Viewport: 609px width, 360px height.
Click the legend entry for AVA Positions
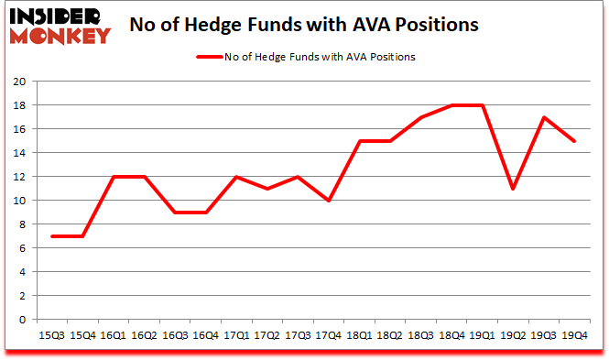pyautogui.click(x=306, y=57)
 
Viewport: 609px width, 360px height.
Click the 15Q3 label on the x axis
pyautogui.click(x=50, y=335)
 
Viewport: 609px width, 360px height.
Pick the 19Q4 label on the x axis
pyautogui.click(x=575, y=335)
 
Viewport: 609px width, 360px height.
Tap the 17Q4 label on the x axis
pyautogui.click(x=328, y=335)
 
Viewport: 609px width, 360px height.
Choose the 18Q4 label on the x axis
pyautogui.click(x=451, y=335)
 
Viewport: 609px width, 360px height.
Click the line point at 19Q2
pyautogui.click(x=514, y=189)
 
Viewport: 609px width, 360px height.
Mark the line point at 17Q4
pyautogui.click(x=328, y=201)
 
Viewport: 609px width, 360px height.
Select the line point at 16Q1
pyautogui.click(x=112, y=177)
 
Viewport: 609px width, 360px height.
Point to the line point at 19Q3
pyautogui.click(x=544, y=117)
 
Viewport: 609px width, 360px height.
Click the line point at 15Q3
pyautogui.click(x=50, y=236)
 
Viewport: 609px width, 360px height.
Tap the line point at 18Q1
pyautogui.click(x=359, y=141)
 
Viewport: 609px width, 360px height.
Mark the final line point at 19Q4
pyautogui.click(x=575, y=141)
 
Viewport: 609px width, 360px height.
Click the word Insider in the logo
pyautogui.click(x=60, y=15)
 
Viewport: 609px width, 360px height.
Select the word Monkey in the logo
pyautogui.click(x=60, y=36)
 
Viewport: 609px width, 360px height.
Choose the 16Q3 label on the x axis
pyautogui.click(x=174, y=335)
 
